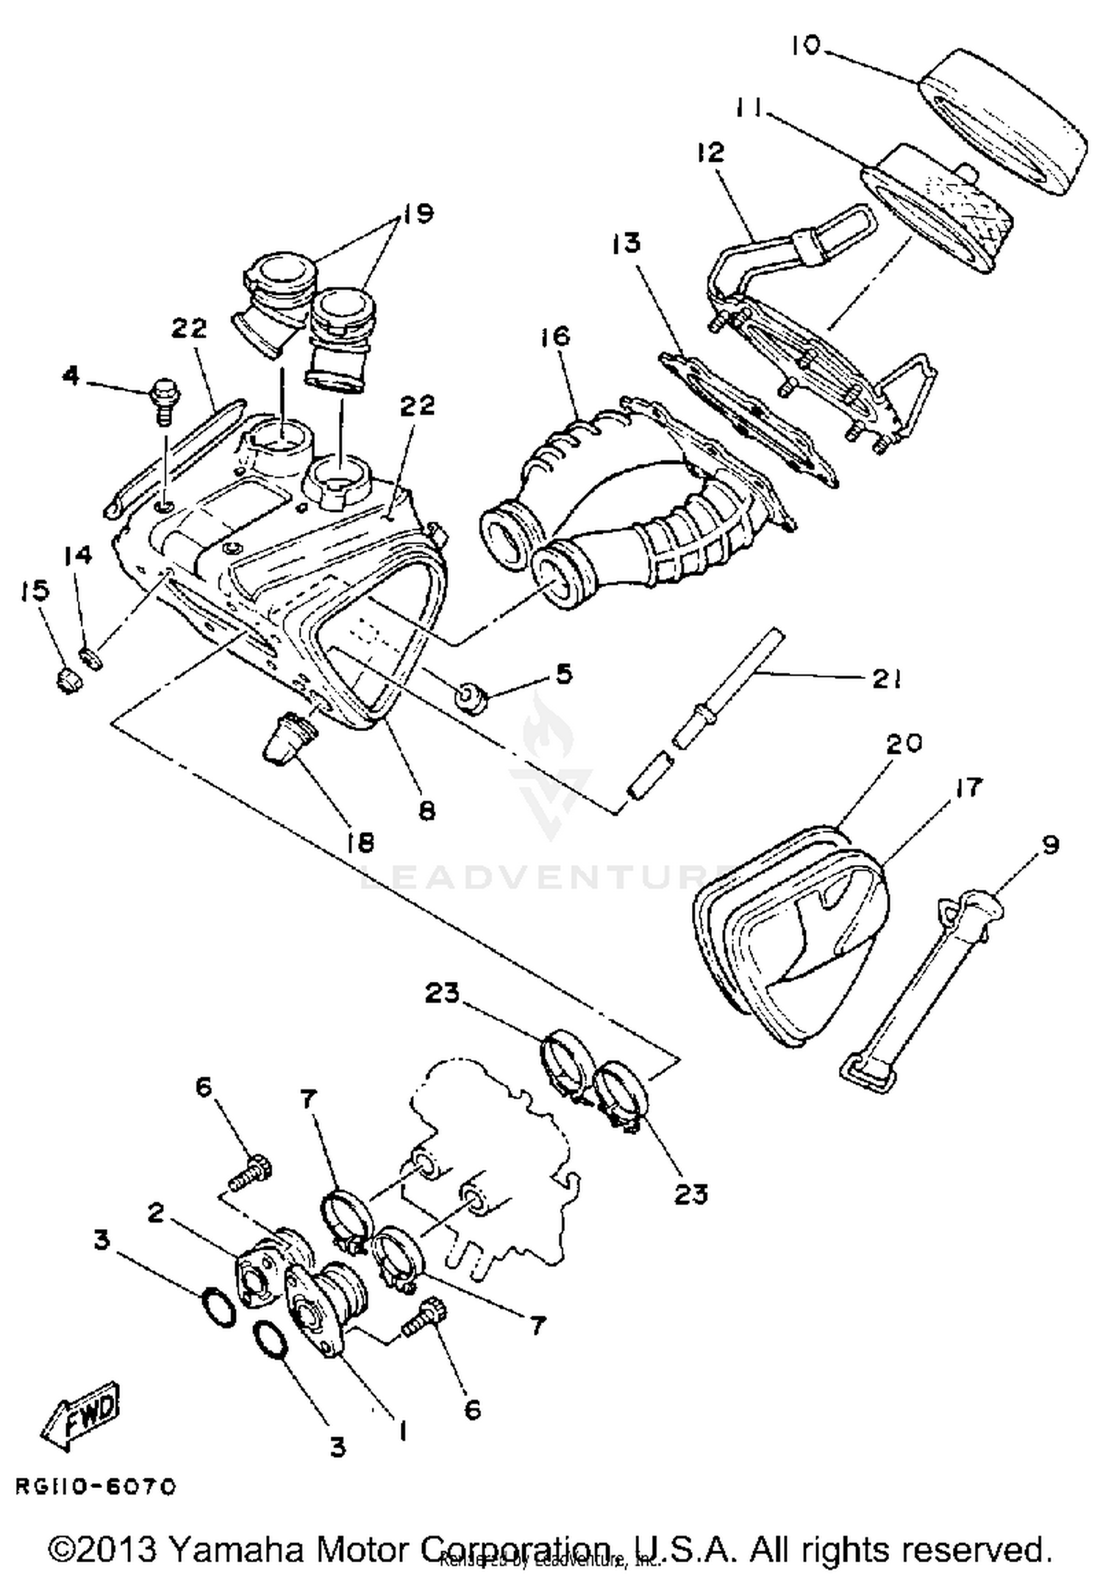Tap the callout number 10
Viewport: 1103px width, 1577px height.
(x=806, y=46)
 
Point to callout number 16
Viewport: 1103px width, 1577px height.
(x=556, y=337)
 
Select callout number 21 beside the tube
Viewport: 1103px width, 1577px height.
(x=887, y=680)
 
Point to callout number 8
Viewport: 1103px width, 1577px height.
(x=427, y=810)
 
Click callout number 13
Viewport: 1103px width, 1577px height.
(x=627, y=243)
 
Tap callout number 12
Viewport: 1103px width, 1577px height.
(x=710, y=152)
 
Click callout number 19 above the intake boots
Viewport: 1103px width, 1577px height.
(x=417, y=213)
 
